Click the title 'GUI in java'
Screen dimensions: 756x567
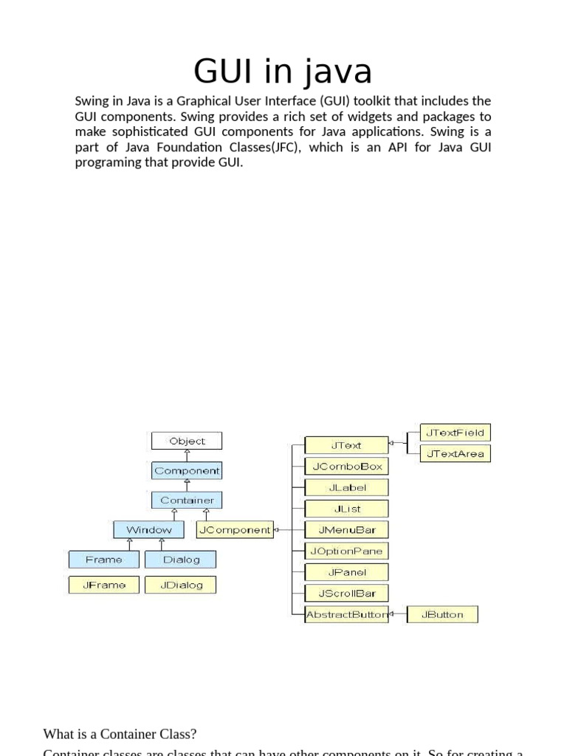coord(283,72)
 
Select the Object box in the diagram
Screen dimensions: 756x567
coord(187,441)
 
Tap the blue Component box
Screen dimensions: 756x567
coord(187,470)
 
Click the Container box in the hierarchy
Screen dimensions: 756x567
coord(187,500)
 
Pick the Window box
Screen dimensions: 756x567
coord(148,529)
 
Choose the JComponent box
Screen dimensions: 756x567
coord(234,529)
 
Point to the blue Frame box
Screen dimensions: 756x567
coord(103,560)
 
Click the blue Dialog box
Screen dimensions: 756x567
coord(181,560)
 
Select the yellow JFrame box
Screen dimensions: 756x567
coord(103,585)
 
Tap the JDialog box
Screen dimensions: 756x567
coord(181,585)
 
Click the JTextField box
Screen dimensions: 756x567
coord(456,433)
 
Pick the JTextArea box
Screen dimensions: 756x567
coord(456,453)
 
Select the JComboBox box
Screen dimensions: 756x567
coord(346,466)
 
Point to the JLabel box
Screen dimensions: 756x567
coord(346,487)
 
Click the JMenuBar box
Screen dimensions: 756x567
coord(346,529)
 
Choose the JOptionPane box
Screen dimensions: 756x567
coord(346,551)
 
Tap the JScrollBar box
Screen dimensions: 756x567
coord(346,593)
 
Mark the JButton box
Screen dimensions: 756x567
coord(441,614)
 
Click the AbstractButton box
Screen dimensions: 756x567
coord(346,614)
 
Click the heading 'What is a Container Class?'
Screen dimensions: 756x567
coord(120,734)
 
